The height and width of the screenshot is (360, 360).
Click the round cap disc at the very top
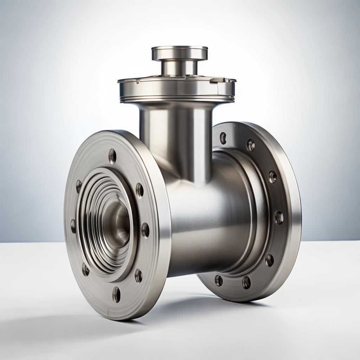tap(180, 53)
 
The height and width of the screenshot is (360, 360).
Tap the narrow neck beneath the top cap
tap(179, 68)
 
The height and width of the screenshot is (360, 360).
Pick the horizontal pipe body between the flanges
tap(207, 225)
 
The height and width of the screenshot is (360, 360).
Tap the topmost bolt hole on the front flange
tap(112, 156)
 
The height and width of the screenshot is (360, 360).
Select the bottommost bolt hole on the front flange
tap(116, 294)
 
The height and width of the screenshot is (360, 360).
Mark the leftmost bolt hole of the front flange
tap(73, 226)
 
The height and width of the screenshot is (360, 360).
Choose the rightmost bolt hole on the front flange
tap(145, 230)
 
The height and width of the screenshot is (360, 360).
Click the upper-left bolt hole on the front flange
tap(79, 186)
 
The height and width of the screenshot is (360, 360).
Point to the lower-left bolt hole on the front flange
tap(85, 269)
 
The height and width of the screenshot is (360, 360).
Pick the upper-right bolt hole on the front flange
tap(140, 190)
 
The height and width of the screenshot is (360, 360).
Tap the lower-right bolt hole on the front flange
tap(139, 276)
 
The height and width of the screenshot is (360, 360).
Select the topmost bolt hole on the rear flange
tap(223, 138)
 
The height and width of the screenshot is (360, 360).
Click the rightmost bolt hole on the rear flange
tap(279, 217)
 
